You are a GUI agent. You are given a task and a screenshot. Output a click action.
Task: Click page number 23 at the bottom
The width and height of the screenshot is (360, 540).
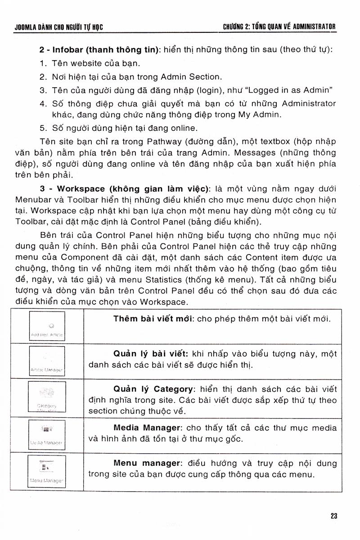click(333, 516)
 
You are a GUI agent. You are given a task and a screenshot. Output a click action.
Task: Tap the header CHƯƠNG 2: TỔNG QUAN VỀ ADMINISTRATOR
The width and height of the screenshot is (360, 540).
click(279, 27)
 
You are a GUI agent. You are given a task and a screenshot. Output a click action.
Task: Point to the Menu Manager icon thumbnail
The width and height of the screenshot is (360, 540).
click(47, 470)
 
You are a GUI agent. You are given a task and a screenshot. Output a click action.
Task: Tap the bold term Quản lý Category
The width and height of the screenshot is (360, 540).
click(153, 389)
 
